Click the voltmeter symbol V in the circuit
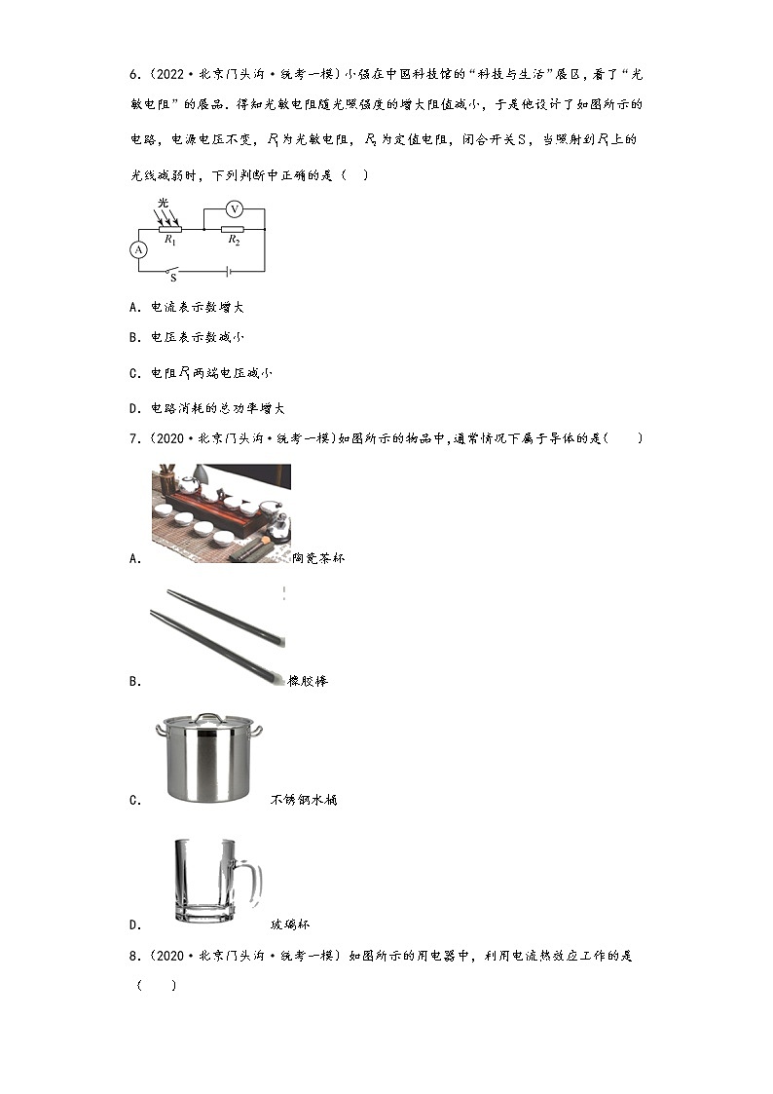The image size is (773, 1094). (234, 208)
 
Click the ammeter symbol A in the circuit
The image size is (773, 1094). (139, 249)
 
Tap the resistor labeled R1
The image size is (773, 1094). (169, 230)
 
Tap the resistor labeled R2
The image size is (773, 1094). (233, 230)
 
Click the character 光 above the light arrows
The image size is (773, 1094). (163, 203)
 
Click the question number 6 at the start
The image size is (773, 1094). (132, 74)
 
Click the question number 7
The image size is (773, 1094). (132, 438)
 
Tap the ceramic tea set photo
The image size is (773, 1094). (221, 512)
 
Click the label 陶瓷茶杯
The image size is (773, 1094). (318, 558)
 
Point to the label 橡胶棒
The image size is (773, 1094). (308, 681)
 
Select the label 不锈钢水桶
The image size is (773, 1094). (304, 800)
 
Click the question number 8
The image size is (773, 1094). (132, 956)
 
